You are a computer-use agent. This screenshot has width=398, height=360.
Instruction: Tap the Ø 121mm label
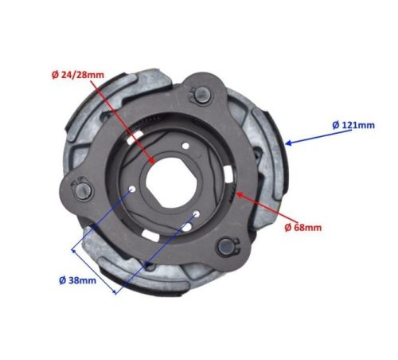pos(353,125)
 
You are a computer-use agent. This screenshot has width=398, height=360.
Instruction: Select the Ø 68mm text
pos(303,227)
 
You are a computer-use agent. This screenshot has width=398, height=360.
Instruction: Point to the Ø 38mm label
pos(79,280)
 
